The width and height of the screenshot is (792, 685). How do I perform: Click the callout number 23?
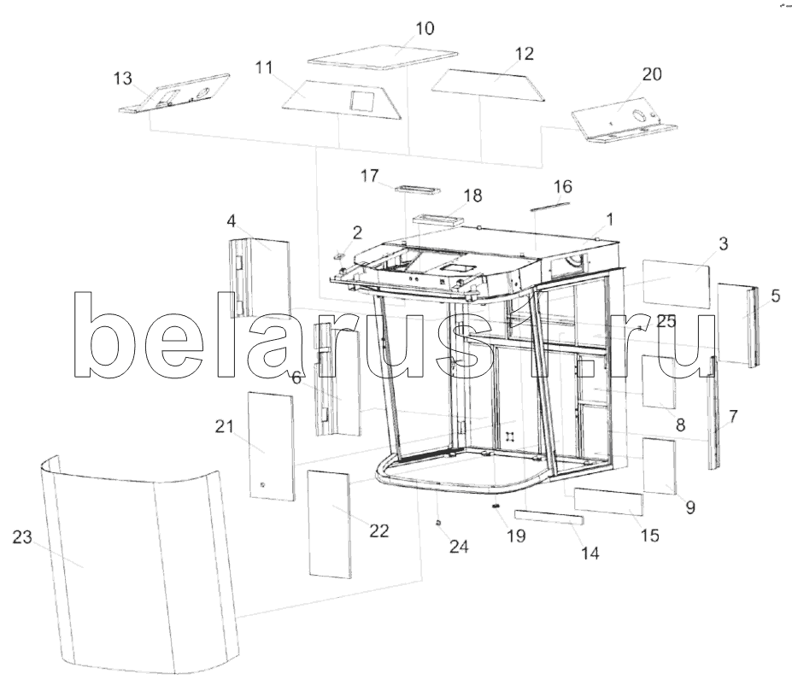pos(22,537)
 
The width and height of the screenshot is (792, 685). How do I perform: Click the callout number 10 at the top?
pos(425,28)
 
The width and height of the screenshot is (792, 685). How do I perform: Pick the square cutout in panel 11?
pos(361,102)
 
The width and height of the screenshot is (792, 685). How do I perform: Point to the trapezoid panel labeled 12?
pos(489,85)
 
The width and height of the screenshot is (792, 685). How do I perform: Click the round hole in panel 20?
pos(639,115)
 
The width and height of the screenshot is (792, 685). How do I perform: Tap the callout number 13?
pos(122,79)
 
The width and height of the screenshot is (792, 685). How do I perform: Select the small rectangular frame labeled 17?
pos(417,190)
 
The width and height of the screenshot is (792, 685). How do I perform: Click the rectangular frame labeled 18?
pos(437,219)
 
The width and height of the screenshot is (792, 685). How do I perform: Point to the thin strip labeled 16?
pos(550,206)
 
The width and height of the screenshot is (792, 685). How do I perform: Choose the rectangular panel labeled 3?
pos(676,284)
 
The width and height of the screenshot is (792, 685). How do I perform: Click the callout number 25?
pos(666,321)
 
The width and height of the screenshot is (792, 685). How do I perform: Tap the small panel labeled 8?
pos(659,381)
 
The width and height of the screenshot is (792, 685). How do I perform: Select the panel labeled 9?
pos(660,466)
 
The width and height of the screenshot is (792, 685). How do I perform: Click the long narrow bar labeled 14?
pos(549,518)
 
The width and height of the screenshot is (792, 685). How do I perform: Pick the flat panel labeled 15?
pos(608,501)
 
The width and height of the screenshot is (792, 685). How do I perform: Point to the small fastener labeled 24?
pos(438,523)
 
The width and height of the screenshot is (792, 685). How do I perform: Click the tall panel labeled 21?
pos(271,446)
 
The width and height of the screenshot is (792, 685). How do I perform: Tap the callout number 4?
pos(231,221)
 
